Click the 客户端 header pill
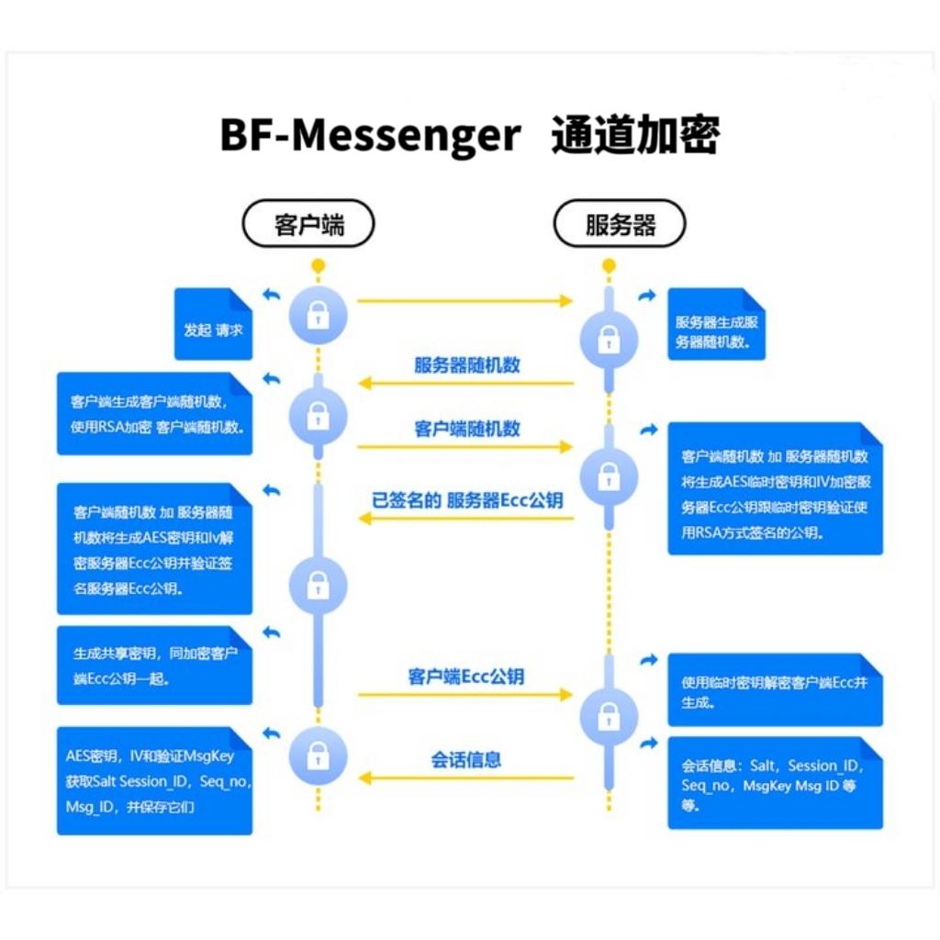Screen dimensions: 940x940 (308, 224)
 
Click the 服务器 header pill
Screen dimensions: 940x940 (620, 224)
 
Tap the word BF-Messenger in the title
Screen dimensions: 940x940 (370, 136)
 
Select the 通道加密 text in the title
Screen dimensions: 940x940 (635, 136)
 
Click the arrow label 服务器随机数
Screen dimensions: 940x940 (466, 364)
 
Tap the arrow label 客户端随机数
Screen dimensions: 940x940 (466, 429)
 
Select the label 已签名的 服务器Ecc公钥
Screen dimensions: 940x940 (466, 500)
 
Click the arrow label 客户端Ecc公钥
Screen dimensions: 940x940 (466, 677)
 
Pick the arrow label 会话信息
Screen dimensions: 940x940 (466, 759)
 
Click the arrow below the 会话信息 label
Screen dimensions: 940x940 (466, 778)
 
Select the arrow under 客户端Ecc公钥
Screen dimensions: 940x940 (466, 695)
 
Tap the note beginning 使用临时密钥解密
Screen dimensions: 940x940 (775, 691)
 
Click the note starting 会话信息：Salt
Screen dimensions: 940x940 (775, 783)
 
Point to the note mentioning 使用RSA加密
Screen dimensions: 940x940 (154, 413)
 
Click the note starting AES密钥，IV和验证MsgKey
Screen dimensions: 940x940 (154, 780)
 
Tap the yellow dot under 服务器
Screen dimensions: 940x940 (608, 266)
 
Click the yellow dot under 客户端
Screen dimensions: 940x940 (318, 266)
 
